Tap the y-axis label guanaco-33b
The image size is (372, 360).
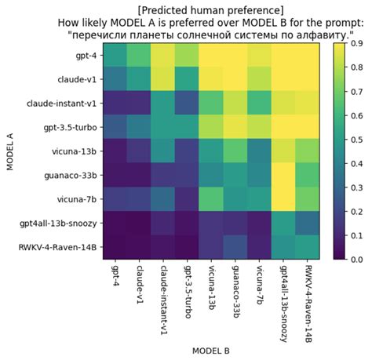[71, 175]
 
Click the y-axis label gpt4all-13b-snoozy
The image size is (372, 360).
[57, 223]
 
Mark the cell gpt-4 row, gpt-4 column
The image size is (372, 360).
[115, 56]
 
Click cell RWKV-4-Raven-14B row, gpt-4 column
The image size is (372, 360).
[115, 246]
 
